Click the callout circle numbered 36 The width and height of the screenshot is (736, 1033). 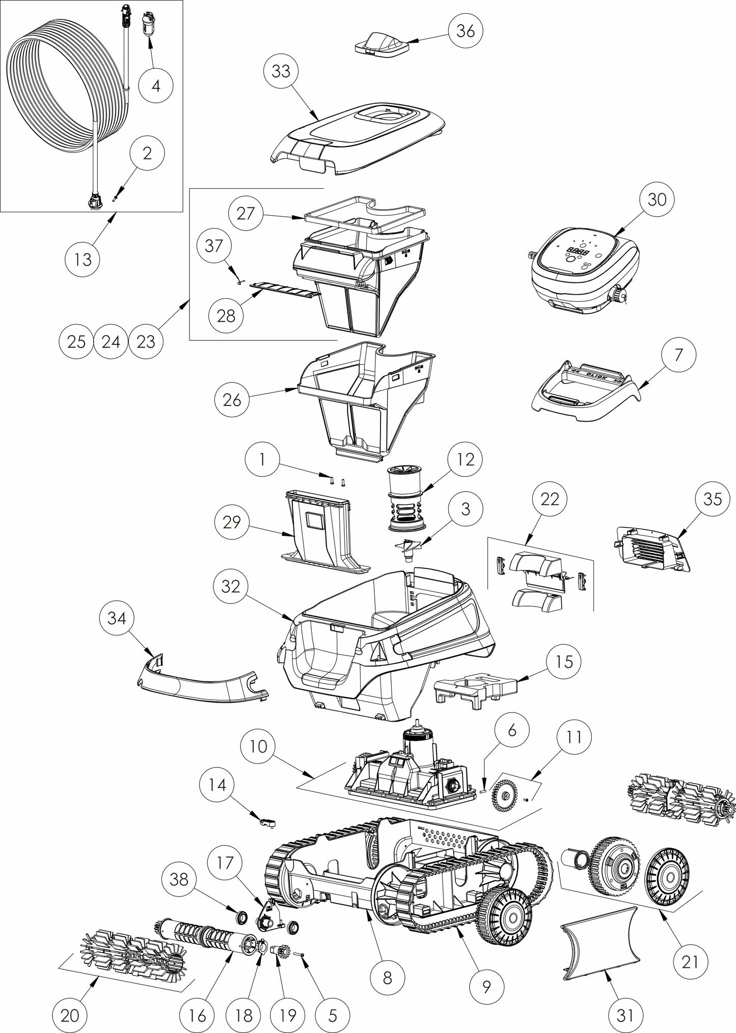click(x=466, y=31)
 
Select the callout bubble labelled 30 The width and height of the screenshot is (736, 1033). click(x=657, y=199)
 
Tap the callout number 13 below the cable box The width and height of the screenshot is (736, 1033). click(x=83, y=259)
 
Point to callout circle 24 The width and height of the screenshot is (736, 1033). click(x=111, y=341)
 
